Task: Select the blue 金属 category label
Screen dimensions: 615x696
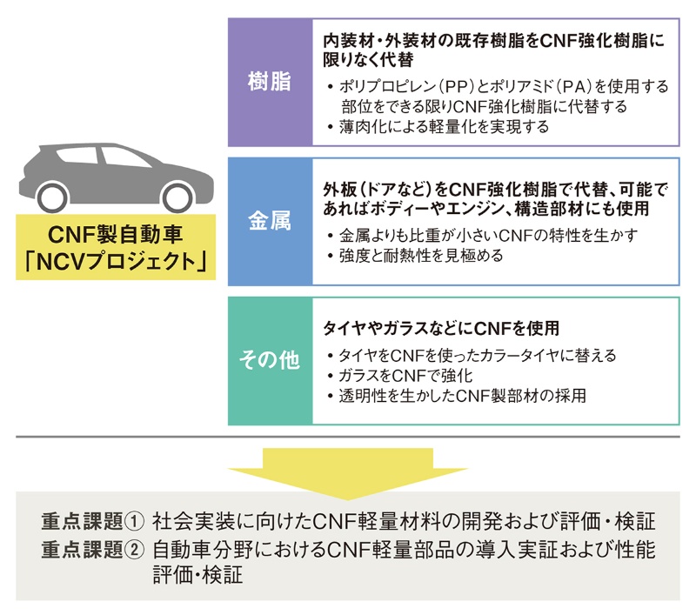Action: click(271, 221)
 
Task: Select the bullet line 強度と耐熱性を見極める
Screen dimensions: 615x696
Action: click(422, 256)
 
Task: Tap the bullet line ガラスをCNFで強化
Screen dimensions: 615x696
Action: click(405, 376)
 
